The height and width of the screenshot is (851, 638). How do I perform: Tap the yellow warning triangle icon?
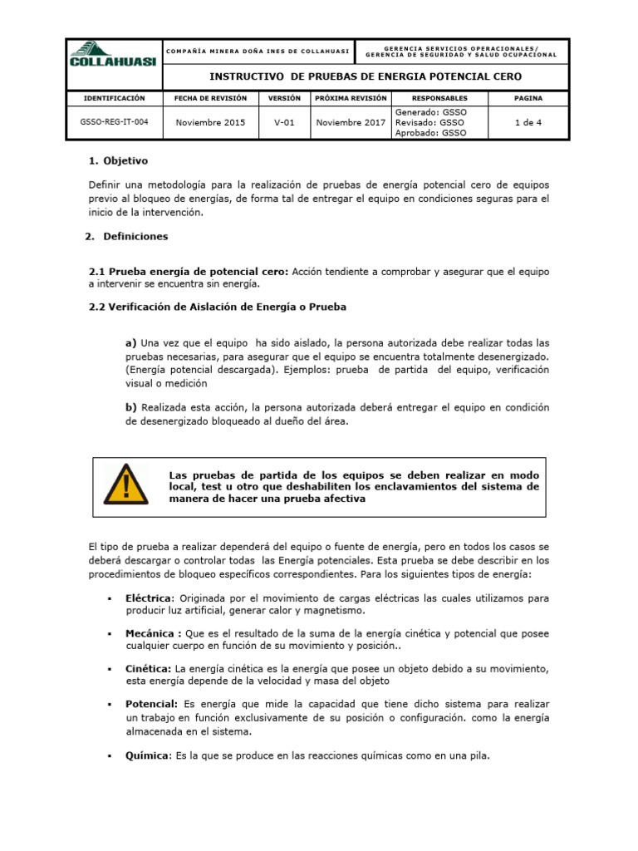click(126, 485)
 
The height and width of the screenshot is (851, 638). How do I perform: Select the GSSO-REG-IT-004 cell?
click(115, 122)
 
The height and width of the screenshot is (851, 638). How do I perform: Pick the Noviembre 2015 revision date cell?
click(211, 122)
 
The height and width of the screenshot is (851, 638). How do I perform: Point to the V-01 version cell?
click(284, 122)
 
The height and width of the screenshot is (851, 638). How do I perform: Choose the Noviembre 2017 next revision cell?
click(351, 122)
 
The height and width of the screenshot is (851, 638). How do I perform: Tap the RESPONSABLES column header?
click(439, 98)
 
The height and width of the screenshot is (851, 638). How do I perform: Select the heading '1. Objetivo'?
click(118, 160)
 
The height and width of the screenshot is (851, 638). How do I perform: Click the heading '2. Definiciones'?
click(126, 237)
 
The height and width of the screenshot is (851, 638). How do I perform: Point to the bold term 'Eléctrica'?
click(150, 598)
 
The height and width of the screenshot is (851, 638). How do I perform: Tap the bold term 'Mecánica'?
click(153, 633)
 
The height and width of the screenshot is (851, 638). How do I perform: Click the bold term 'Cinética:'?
click(149, 668)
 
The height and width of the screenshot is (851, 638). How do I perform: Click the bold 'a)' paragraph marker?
click(131, 342)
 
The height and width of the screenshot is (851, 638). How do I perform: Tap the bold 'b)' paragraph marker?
click(131, 407)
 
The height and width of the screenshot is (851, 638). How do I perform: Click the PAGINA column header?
click(528, 98)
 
